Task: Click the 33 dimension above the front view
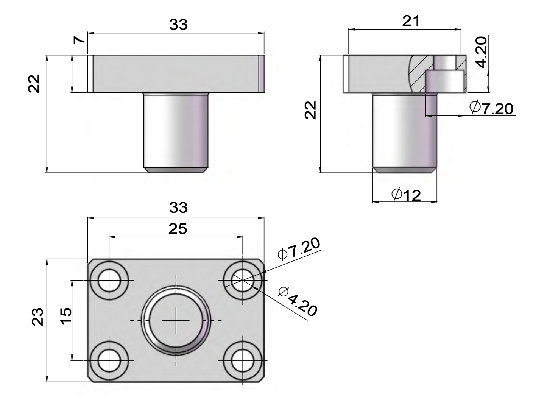click(178, 25)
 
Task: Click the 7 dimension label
click(79, 40)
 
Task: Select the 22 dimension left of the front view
click(34, 84)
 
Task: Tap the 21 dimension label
click(411, 21)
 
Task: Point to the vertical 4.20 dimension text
click(481, 52)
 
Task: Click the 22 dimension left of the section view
click(310, 110)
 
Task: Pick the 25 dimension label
click(178, 229)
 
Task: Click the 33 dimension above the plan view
click(178, 207)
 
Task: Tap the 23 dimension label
click(37, 317)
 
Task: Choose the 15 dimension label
click(66, 316)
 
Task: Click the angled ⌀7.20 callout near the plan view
click(299, 248)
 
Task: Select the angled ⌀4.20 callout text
click(298, 301)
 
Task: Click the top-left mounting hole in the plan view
click(109, 280)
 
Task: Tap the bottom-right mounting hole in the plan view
click(243, 360)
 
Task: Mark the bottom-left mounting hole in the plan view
click(109, 360)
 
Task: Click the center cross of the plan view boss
click(176, 320)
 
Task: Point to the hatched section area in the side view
click(421, 73)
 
